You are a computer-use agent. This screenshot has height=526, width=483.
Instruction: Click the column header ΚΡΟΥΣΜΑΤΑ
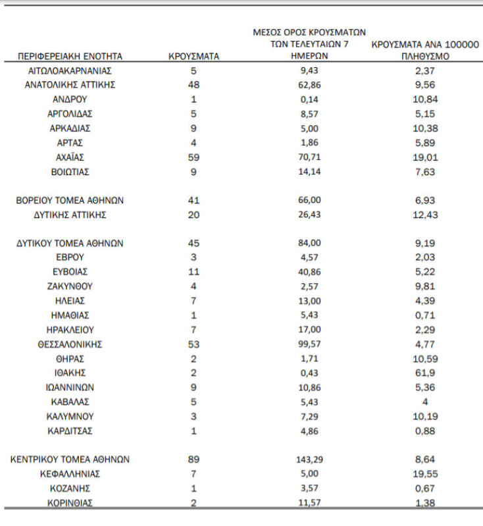click(193, 57)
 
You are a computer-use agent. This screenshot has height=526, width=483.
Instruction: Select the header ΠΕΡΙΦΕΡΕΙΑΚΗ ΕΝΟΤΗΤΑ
click(70, 57)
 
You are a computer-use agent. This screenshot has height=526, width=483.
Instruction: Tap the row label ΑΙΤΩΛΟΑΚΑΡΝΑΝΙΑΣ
click(70, 70)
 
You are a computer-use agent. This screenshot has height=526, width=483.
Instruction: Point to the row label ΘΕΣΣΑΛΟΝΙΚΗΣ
click(70, 344)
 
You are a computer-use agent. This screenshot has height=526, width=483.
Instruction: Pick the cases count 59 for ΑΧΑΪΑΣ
click(193, 157)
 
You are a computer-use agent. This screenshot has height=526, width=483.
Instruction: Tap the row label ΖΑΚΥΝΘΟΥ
click(70, 286)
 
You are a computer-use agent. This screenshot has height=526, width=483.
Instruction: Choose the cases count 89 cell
click(193, 460)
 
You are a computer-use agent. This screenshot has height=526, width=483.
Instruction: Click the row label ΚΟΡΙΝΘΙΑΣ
click(70, 503)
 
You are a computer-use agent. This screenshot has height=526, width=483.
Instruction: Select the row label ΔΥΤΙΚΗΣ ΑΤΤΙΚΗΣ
click(70, 215)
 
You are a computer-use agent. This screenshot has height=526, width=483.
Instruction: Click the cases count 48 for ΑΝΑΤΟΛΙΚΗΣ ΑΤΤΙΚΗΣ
click(193, 85)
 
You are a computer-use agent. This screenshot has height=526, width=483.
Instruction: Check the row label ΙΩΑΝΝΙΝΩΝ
click(70, 388)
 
